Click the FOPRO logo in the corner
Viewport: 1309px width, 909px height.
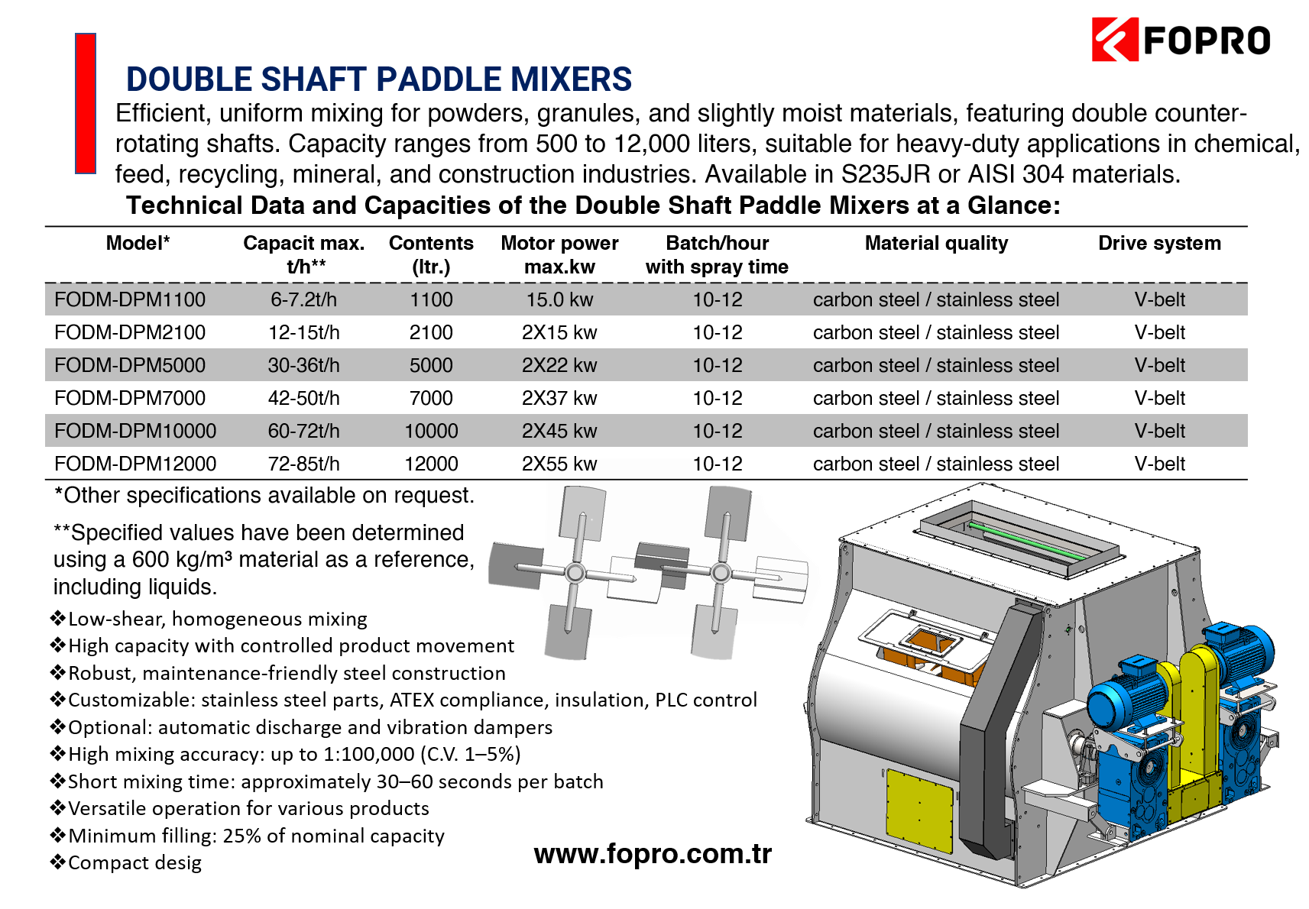pyautogui.click(x=1180, y=39)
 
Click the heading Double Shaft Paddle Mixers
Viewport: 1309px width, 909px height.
pyautogui.click(x=379, y=79)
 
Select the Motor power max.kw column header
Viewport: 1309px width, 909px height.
pyautogui.click(x=559, y=254)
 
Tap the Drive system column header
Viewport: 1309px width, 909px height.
pyautogui.click(x=1159, y=243)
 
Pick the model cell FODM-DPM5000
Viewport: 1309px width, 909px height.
pyautogui.click(x=130, y=365)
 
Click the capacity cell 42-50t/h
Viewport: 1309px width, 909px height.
pyautogui.click(x=304, y=398)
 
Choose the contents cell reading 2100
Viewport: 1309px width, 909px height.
pyautogui.click(x=431, y=332)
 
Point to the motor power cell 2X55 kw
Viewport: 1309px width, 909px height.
pyautogui.click(x=559, y=464)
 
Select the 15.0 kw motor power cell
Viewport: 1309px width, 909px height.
pyautogui.click(x=559, y=299)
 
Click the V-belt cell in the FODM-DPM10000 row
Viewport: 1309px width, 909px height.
pyautogui.click(x=1159, y=431)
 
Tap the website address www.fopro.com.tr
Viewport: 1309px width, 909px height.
pyautogui.click(x=653, y=853)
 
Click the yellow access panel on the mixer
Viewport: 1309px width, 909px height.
pyautogui.click(x=919, y=810)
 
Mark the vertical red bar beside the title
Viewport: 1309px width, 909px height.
pyautogui.click(x=86, y=103)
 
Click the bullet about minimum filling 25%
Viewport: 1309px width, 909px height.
pyautogui.click(x=247, y=836)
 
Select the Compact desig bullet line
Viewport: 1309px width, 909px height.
pyautogui.click(x=125, y=863)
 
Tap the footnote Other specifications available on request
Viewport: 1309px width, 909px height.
pyautogui.click(x=264, y=496)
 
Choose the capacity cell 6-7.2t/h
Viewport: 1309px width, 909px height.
pyautogui.click(x=304, y=299)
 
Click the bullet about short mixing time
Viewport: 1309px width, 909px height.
pyautogui.click(x=326, y=781)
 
